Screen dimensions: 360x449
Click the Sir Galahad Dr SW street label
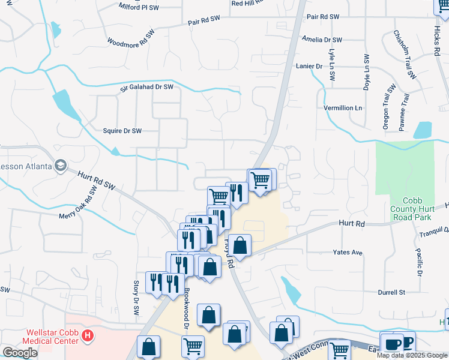[146, 87]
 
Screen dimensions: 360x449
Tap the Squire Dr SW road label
[122, 130]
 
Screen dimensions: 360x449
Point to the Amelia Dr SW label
[322, 40]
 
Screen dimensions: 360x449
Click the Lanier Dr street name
[309, 66]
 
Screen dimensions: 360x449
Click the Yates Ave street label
[348, 253]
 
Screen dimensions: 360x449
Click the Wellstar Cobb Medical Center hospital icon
[88, 335]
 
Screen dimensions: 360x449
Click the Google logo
[20, 352]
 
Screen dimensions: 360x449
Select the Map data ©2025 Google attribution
[412, 355]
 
